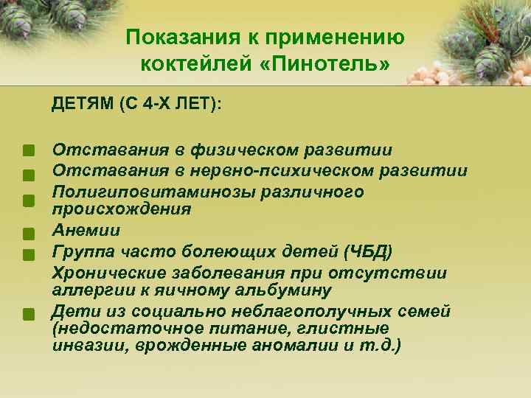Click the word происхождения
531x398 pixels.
pos(121,209)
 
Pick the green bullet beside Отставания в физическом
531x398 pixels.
pos(28,153)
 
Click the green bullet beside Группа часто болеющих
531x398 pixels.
pos(28,254)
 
